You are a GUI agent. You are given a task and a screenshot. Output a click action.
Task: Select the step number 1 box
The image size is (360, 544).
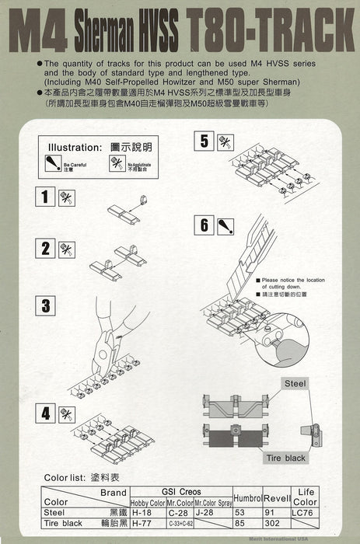point(46,197)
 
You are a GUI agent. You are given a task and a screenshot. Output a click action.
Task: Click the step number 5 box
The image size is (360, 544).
point(204,141)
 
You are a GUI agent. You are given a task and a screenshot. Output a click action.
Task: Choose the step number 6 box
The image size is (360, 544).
point(204,225)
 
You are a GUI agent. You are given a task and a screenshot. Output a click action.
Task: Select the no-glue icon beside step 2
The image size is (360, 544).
point(67,249)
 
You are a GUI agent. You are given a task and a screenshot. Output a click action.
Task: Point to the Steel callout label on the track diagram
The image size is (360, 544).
point(295,383)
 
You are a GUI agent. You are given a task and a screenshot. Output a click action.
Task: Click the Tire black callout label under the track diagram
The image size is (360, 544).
point(285,458)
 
